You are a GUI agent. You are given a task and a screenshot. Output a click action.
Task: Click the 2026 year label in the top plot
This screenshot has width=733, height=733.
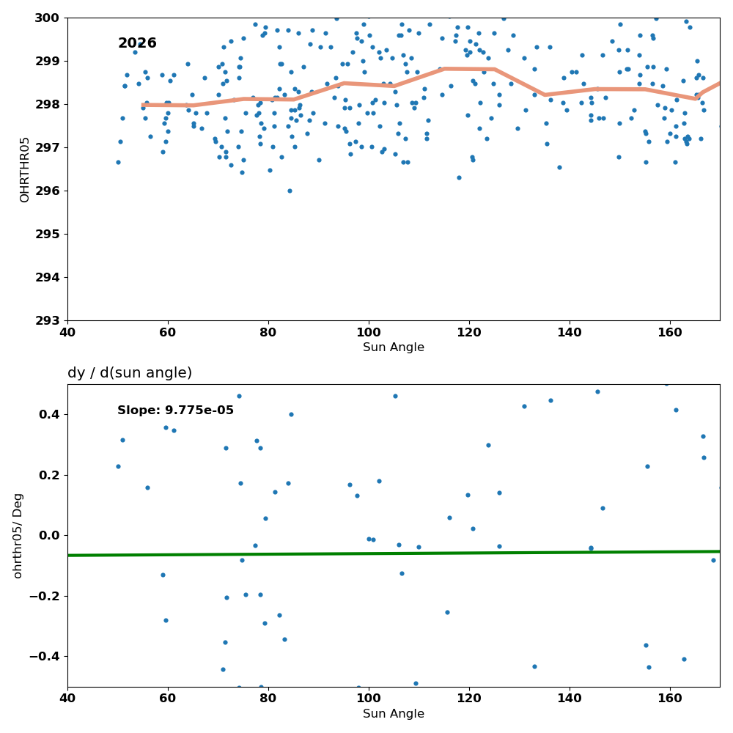point(137,43)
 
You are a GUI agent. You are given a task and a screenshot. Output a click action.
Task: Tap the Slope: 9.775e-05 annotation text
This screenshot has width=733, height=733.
point(175,410)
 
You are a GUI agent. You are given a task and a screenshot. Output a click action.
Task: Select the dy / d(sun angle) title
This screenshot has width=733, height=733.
point(130,372)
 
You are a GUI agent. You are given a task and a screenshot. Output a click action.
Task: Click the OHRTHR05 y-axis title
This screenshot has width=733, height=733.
point(24,169)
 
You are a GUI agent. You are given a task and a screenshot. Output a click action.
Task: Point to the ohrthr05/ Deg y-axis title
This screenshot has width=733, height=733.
point(18,536)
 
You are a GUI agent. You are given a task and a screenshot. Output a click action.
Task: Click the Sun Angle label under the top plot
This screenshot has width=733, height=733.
point(394,347)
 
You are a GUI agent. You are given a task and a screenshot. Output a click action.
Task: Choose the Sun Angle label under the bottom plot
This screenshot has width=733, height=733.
point(394,713)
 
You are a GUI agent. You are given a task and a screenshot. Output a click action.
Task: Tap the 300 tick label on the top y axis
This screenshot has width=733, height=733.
point(47,18)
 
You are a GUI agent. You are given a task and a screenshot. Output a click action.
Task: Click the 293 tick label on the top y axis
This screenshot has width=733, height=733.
point(47,321)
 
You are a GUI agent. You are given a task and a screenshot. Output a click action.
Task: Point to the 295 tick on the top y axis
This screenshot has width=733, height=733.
point(47,235)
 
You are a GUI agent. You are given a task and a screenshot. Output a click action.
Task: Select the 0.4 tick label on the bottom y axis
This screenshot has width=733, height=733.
point(50,415)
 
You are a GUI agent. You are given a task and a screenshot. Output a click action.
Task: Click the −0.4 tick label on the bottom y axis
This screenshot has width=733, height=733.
point(45,657)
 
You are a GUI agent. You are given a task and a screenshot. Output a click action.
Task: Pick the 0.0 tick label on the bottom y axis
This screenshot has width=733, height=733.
point(50,536)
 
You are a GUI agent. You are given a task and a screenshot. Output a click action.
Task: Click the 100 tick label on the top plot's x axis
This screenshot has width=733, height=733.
point(369,332)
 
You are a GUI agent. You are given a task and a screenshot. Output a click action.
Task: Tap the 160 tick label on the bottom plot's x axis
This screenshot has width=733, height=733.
point(670,699)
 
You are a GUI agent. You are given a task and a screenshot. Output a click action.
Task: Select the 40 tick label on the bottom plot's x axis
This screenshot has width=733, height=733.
point(67,699)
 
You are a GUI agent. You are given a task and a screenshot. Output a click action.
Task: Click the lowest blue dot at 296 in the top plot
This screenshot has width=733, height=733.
point(290,191)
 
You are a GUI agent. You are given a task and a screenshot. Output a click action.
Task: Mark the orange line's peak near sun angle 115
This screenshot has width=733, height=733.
point(445,69)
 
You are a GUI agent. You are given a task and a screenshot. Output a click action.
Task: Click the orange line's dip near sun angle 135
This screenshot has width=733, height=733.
point(545,95)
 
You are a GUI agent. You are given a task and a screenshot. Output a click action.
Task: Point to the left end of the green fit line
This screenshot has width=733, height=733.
point(68,556)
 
